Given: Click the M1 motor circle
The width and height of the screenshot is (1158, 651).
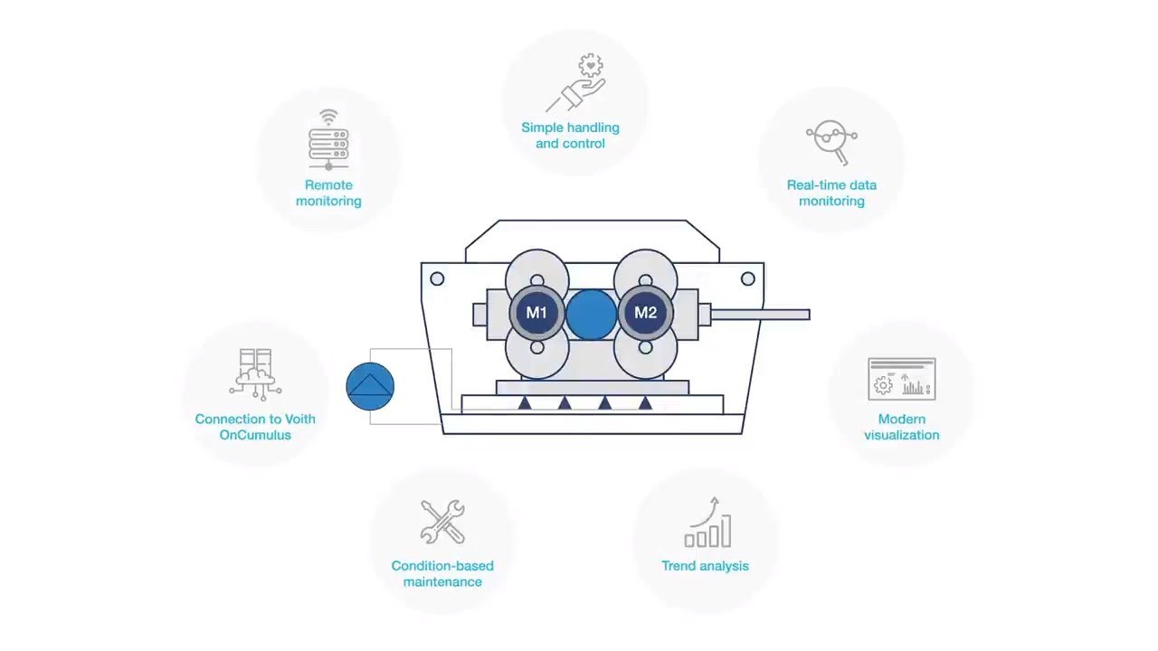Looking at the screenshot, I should click(537, 313).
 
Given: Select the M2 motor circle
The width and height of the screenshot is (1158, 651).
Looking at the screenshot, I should click(645, 313).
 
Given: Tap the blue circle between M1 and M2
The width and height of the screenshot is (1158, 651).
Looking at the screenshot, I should click(591, 313).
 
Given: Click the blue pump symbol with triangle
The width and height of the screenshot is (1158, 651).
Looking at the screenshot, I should click(370, 387).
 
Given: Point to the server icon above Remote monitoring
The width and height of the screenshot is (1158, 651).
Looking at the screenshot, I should click(328, 140).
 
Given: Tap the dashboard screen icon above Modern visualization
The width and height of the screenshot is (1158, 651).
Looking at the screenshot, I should click(901, 379).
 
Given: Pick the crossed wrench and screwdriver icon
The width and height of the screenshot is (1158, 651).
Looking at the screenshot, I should click(442, 522).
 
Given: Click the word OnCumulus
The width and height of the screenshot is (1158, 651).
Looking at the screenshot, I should click(255, 435).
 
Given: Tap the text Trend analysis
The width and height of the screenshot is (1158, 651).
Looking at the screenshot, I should click(706, 566).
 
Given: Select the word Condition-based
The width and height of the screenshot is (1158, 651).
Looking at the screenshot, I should click(442, 566).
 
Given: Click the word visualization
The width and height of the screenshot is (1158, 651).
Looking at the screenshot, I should click(901, 435).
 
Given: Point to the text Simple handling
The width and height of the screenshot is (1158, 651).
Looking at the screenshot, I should click(570, 127).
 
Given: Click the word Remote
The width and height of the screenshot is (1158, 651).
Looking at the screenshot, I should click(328, 185).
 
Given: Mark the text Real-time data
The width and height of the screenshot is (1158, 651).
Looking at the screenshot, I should click(831, 185).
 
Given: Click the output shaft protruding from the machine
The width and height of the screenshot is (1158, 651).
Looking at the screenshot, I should click(760, 315).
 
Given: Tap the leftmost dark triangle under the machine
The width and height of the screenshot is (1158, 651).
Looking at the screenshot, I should click(525, 403).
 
